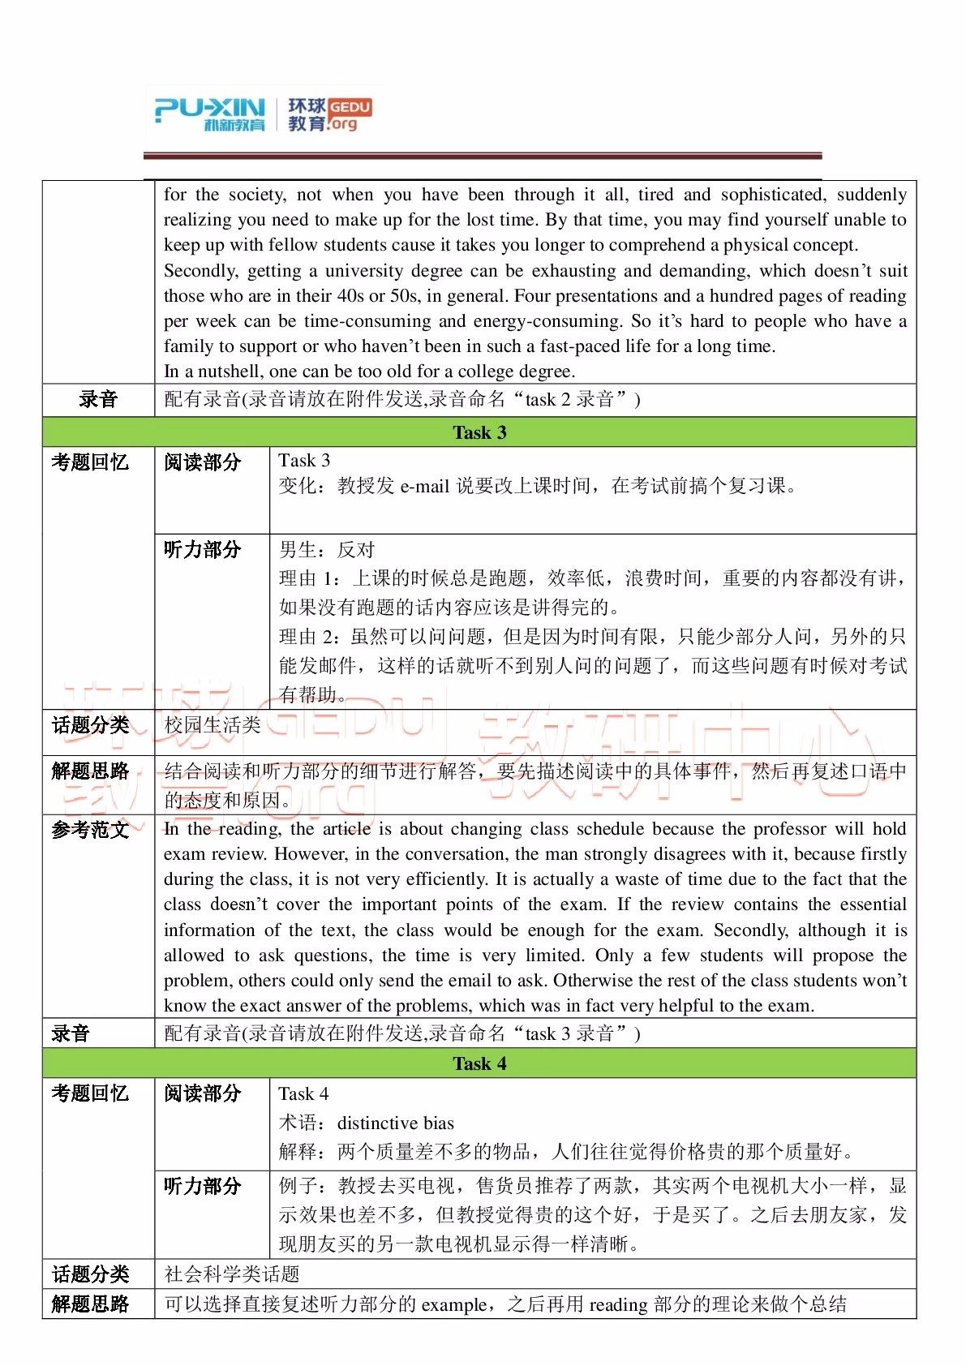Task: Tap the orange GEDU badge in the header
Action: point(350,107)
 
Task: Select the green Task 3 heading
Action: point(479,432)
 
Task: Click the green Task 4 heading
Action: point(479,1063)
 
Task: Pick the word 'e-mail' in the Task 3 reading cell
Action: point(425,486)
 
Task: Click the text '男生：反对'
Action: point(327,550)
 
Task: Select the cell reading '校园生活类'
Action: point(213,725)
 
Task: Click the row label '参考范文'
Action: point(90,830)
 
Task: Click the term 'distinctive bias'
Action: point(395,1123)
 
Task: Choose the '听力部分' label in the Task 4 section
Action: point(203,1186)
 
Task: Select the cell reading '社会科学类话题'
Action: point(232,1274)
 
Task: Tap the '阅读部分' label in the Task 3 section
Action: point(203,462)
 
